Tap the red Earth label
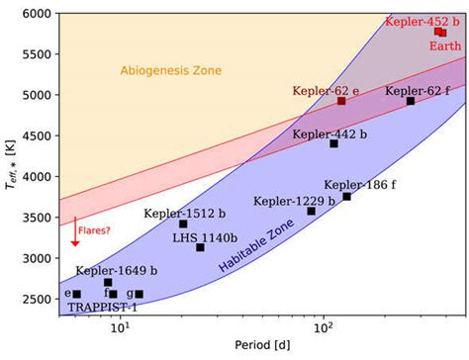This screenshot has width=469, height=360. click(x=445, y=45)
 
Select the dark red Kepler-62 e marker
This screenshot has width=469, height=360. click(x=341, y=101)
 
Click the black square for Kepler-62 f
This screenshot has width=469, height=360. click(x=411, y=101)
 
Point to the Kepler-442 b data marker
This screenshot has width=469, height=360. click(x=333, y=143)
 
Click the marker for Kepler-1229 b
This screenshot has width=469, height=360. click(x=311, y=211)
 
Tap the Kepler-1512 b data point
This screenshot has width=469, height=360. click(x=183, y=224)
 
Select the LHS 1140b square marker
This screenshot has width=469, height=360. click(x=200, y=247)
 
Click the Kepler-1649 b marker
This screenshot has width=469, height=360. click(x=108, y=282)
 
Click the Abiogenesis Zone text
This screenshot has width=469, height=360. click(x=171, y=70)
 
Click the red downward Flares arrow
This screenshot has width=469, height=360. click(x=75, y=231)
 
